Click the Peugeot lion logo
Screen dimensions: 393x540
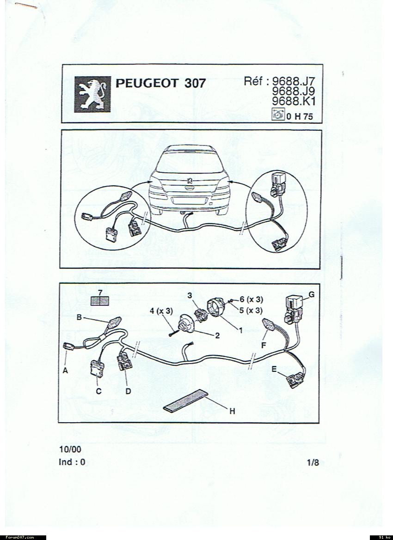click(x=92, y=94)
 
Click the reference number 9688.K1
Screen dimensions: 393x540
click(x=294, y=101)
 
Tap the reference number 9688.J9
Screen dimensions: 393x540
click(x=294, y=91)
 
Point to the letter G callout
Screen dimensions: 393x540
click(x=311, y=295)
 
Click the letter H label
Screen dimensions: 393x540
click(x=233, y=411)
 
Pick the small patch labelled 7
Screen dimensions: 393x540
click(x=99, y=301)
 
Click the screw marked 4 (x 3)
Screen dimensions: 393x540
click(x=173, y=333)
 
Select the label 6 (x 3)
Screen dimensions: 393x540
click(x=252, y=299)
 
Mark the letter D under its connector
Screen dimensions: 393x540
click(x=128, y=391)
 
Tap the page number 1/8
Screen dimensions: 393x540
click(x=313, y=462)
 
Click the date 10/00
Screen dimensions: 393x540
click(x=70, y=449)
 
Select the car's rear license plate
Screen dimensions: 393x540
click(x=189, y=201)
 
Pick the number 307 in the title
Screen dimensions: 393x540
click(x=195, y=83)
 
